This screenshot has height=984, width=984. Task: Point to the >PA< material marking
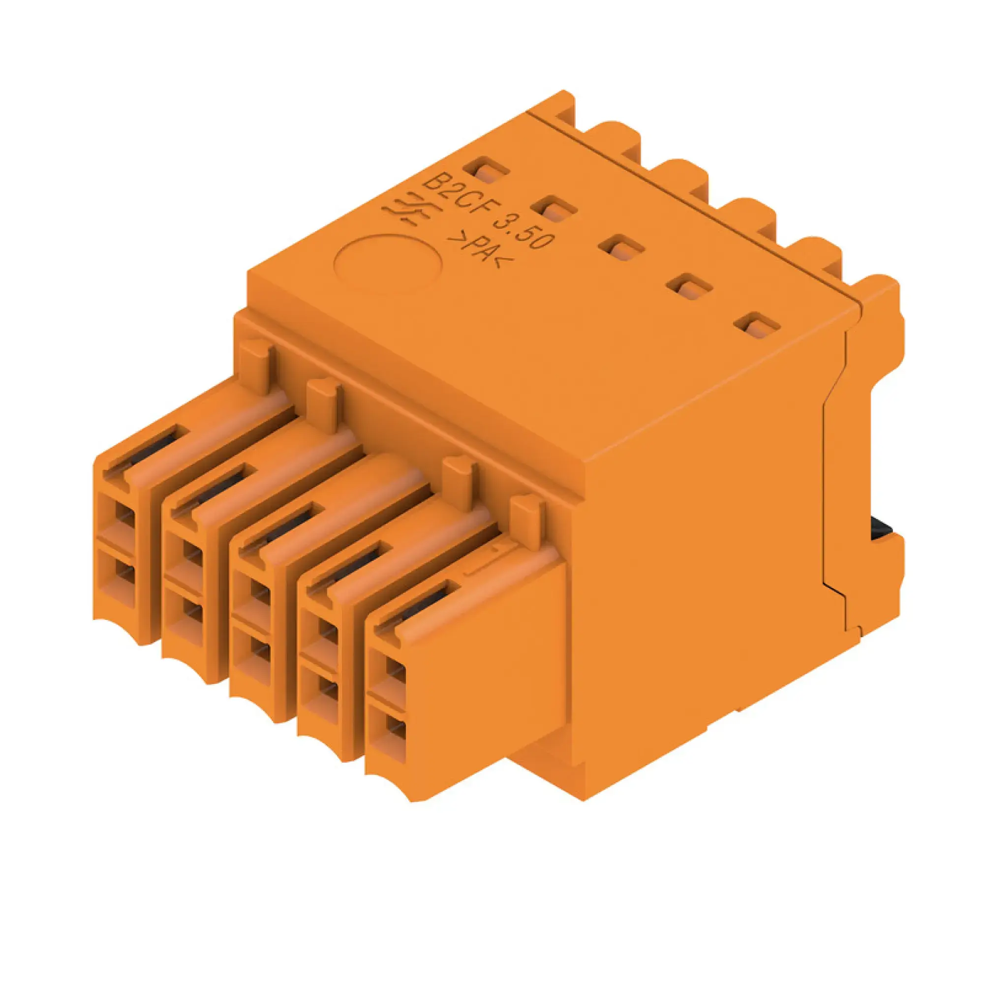coord(480,251)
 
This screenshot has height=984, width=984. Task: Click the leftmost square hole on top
coord(486,171)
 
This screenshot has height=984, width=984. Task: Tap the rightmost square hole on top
coord(757,327)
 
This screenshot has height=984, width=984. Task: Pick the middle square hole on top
coord(621,248)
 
